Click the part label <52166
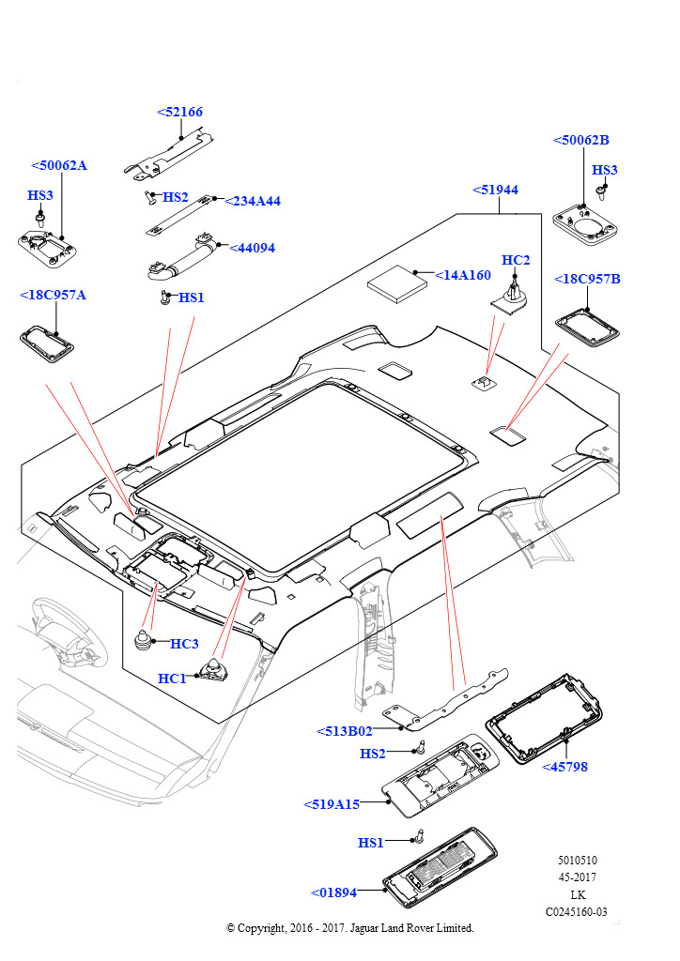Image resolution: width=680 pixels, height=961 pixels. pyautogui.click(x=179, y=113)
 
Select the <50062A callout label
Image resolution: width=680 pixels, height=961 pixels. pyautogui.click(x=58, y=165)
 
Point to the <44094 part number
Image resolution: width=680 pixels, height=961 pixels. pyautogui.click(x=252, y=248)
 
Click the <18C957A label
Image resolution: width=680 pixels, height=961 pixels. pyautogui.click(x=53, y=295)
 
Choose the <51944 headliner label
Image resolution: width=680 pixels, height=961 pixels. pyautogui.click(x=495, y=190)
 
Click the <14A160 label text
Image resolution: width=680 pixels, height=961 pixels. pyautogui.click(x=463, y=275)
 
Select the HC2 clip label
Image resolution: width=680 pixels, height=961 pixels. pyautogui.click(x=516, y=260)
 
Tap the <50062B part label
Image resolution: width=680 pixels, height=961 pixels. pyautogui.click(x=581, y=141)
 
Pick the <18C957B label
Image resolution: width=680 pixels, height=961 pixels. pyautogui.click(x=587, y=279)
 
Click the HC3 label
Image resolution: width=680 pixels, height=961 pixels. pyautogui.click(x=184, y=644)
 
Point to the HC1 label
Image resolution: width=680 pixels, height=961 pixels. pyautogui.click(x=172, y=679)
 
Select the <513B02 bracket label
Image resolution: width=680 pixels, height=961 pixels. pyautogui.click(x=345, y=730)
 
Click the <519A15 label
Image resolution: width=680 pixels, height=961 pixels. pyautogui.click(x=332, y=804)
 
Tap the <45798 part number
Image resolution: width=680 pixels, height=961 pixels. pyautogui.click(x=564, y=767)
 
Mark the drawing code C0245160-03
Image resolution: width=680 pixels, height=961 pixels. pyautogui.click(x=577, y=911)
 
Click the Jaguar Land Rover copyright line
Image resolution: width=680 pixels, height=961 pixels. pyautogui.click(x=350, y=928)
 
